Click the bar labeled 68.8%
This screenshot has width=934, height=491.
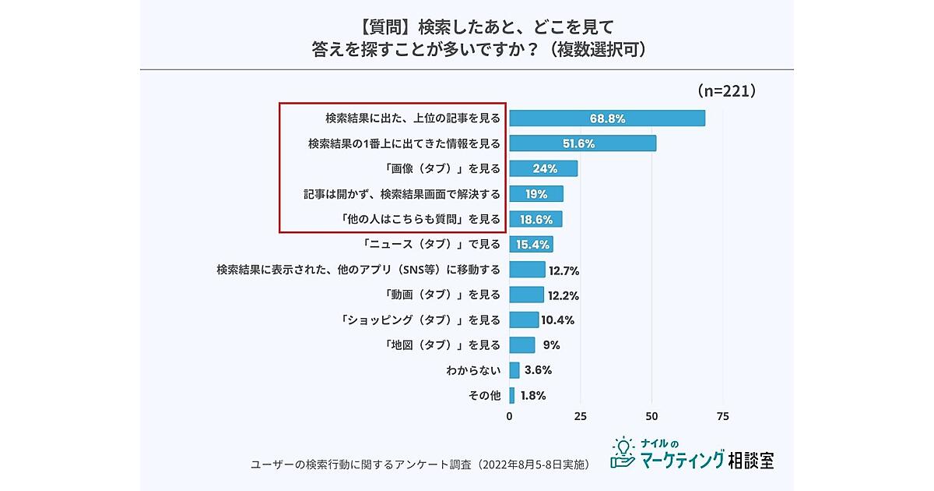[x=607, y=118]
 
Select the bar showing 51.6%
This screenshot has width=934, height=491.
[x=582, y=143]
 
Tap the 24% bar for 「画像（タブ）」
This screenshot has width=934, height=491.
[x=543, y=168]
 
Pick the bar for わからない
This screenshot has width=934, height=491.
[x=514, y=370]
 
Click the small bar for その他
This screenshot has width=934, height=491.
[x=512, y=395]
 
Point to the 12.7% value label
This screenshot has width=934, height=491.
[x=564, y=270]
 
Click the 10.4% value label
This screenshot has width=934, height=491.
[x=557, y=320]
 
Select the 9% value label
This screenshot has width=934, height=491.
[x=552, y=344]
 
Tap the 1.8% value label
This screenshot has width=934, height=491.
[x=532, y=395]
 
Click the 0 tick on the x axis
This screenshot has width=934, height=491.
[x=510, y=416]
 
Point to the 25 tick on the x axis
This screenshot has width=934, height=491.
[x=580, y=416]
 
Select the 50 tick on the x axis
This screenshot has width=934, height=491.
[x=651, y=416]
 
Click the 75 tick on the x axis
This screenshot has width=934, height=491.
[x=722, y=416]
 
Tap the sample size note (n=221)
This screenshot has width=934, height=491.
[x=725, y=91]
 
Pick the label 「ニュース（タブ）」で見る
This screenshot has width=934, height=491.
[x=432, y=244]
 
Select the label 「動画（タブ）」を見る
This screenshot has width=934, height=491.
[x=443, y=295]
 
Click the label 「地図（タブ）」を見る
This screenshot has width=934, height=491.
[x=443, y=344]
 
